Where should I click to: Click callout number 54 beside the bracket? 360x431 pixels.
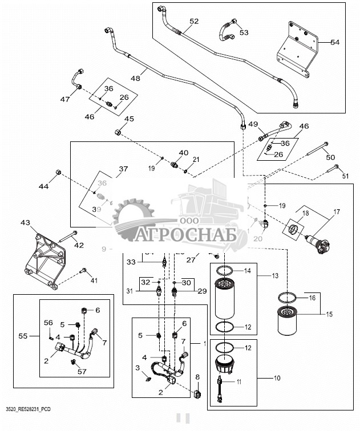(334, 42)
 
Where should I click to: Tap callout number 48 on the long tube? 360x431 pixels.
(135, 78)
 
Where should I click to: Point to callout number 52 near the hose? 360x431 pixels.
(194, 21)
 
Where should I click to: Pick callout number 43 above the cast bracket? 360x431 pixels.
(25, 222)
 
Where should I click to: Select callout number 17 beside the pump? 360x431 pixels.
(336, 212)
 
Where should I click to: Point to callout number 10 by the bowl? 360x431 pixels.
(277, 378)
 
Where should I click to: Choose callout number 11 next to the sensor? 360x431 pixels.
(240, 381)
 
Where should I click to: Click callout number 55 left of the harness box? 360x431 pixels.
(23, 336)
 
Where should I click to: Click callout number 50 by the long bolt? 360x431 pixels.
(330, 157)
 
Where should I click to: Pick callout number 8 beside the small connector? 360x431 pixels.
(197, 377)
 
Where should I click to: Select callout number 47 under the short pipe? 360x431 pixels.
(66, 99)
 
